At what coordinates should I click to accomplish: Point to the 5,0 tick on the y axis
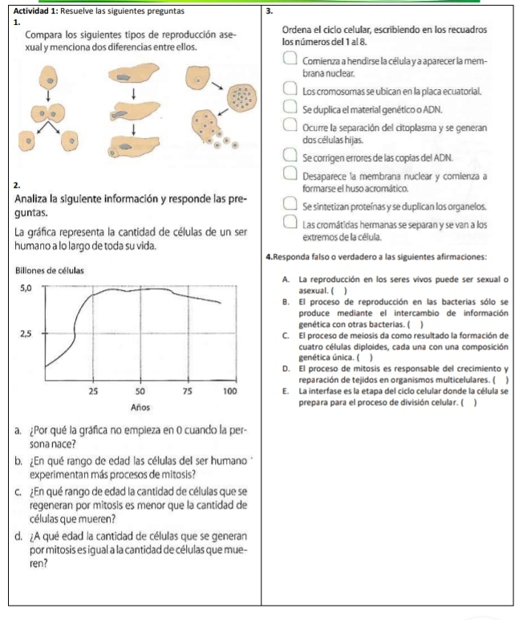[x=23, y=288]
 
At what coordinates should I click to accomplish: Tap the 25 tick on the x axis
[x=94, y=390]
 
